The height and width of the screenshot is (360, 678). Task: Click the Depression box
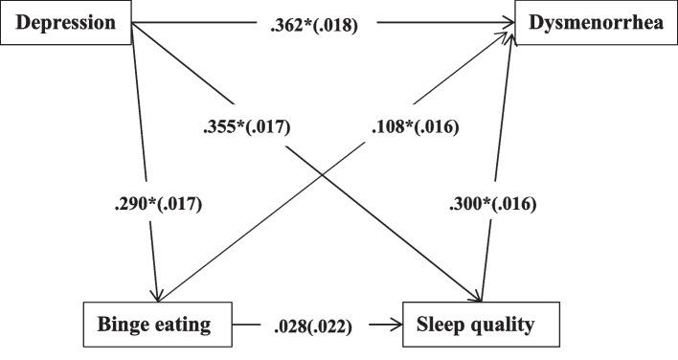coord(65,22)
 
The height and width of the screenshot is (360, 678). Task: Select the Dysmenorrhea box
coord(596,22)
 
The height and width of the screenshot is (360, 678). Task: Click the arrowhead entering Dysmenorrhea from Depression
coord(506,25)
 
